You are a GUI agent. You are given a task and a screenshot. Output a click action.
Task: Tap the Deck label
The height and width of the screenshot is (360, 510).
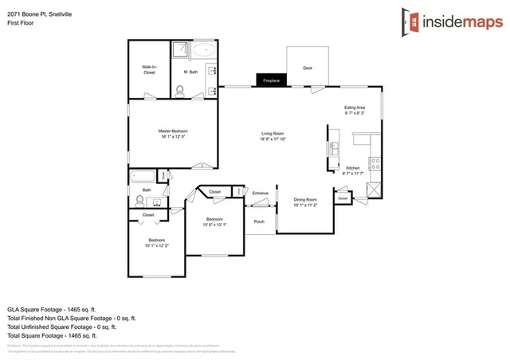(x=308, y=68)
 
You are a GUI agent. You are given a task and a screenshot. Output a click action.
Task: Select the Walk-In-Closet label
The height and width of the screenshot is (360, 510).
(x=149, y=69)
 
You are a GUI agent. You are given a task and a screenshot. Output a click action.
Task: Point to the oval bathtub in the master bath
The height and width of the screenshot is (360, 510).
(x=202, y=49)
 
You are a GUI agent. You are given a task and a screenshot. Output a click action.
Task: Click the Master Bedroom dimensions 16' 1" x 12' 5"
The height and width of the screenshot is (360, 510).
(x=172, y=135)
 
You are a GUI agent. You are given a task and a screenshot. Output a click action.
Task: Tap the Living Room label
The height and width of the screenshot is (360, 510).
(x=273, y=133)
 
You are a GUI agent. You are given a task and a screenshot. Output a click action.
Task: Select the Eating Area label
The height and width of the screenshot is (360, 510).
(x=355, y=108)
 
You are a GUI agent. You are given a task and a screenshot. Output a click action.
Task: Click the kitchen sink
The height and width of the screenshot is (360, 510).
(x=334, y=148)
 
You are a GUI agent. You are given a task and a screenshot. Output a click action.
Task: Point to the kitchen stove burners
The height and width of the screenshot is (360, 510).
(x=375, y=163)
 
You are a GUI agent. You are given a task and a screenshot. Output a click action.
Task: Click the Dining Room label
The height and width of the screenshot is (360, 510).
(x=306, y=199)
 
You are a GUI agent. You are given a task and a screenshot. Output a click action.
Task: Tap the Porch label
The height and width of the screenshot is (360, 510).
(x=259, y=221)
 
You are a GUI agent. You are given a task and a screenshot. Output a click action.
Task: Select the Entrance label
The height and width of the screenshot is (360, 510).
(x=261, y=194)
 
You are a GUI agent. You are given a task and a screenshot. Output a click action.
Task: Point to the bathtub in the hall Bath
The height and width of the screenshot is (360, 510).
(x=144, y=176)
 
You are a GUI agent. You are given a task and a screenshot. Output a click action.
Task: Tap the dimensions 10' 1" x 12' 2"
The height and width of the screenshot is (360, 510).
(x=155, y=245)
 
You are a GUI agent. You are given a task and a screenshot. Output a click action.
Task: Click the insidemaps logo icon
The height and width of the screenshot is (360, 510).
(x=411, y=21)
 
